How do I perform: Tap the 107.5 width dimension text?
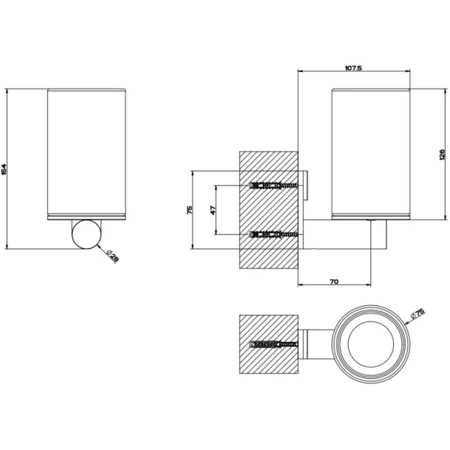[x=354, y=68]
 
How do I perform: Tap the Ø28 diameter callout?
[x=111, y=257]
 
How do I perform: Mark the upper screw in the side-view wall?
[x=273, y=185]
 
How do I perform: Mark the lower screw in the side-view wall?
[x=273, y=235]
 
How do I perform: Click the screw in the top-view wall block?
[x=273, y=345]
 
